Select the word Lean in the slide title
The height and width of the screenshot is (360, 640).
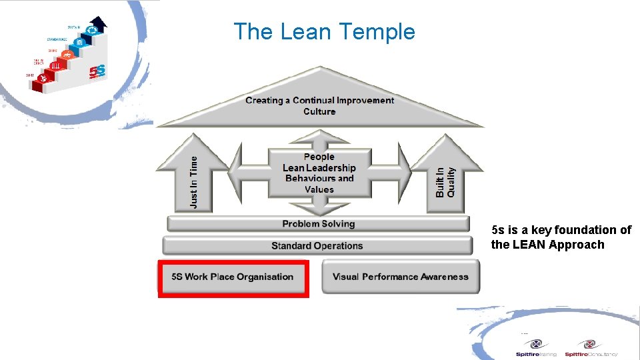coord(306,32)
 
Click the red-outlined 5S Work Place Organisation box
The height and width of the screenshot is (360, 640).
coord(233,277)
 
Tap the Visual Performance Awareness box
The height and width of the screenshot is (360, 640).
coord(400,277)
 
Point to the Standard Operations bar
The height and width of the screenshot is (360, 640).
coord(317,246)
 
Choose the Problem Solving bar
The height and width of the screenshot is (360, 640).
coord(318,224)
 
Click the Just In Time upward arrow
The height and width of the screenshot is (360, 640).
coord(193,177)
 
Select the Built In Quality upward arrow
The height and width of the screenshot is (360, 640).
coord(445,177)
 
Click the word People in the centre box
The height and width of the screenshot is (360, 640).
coord(319,157)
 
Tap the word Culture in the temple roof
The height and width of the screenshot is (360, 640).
coord(319,111)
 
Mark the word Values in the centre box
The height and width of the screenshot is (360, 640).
coord(319,189)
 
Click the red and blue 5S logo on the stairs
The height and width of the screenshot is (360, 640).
coord(99,70)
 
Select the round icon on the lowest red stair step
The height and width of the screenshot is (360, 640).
coord(43,79)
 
